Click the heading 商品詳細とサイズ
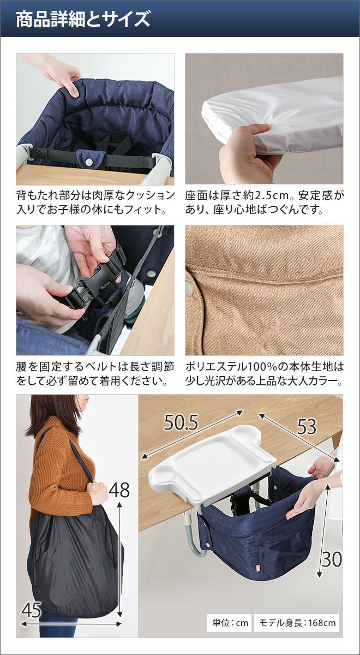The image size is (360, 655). click(83, 20)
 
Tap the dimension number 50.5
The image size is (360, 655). click(181, 422)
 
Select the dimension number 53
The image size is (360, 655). click(307, 427)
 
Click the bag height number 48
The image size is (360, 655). click(119, 490)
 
